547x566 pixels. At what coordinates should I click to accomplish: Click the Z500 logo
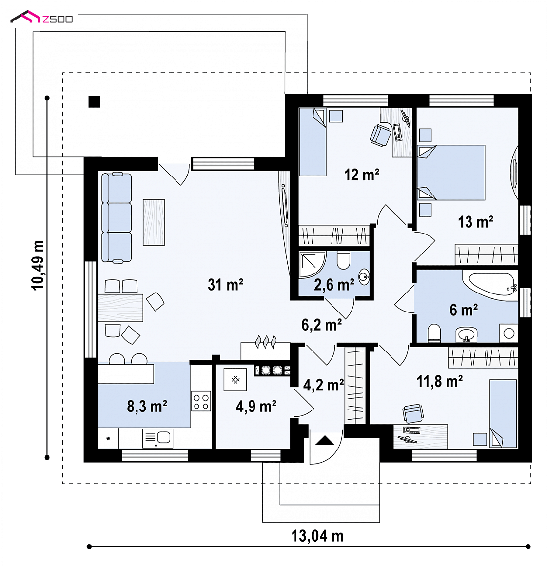(x=41, y=18)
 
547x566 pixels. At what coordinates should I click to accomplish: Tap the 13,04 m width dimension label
(x=317, y=536)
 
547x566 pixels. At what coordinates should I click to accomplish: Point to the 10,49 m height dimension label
(x=38, y=265)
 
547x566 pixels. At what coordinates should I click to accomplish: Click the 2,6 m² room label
(x=334, y=285)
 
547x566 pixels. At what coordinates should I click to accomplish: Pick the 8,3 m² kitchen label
(x=147, y=407)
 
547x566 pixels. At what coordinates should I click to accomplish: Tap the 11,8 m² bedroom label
(x=440, y=381)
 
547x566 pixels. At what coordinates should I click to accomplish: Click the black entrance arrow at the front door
(x=325, y=440)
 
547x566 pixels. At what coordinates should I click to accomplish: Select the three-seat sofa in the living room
(x=116, y=217)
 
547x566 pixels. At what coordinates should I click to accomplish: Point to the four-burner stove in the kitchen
(x=201, y=401)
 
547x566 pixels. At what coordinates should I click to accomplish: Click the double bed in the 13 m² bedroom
(x=451, y=173)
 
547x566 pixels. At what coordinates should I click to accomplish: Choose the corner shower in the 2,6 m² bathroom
(x=313, y=265)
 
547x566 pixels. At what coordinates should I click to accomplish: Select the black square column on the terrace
(x=95, y=102)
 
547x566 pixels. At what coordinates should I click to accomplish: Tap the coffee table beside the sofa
(x=154, y=222)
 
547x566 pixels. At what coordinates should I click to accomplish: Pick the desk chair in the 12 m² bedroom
(x=381, y=136)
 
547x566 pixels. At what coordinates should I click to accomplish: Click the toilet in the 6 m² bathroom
(x=434, y=333)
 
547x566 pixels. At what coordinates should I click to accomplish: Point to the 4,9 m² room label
(x=256, y=407)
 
